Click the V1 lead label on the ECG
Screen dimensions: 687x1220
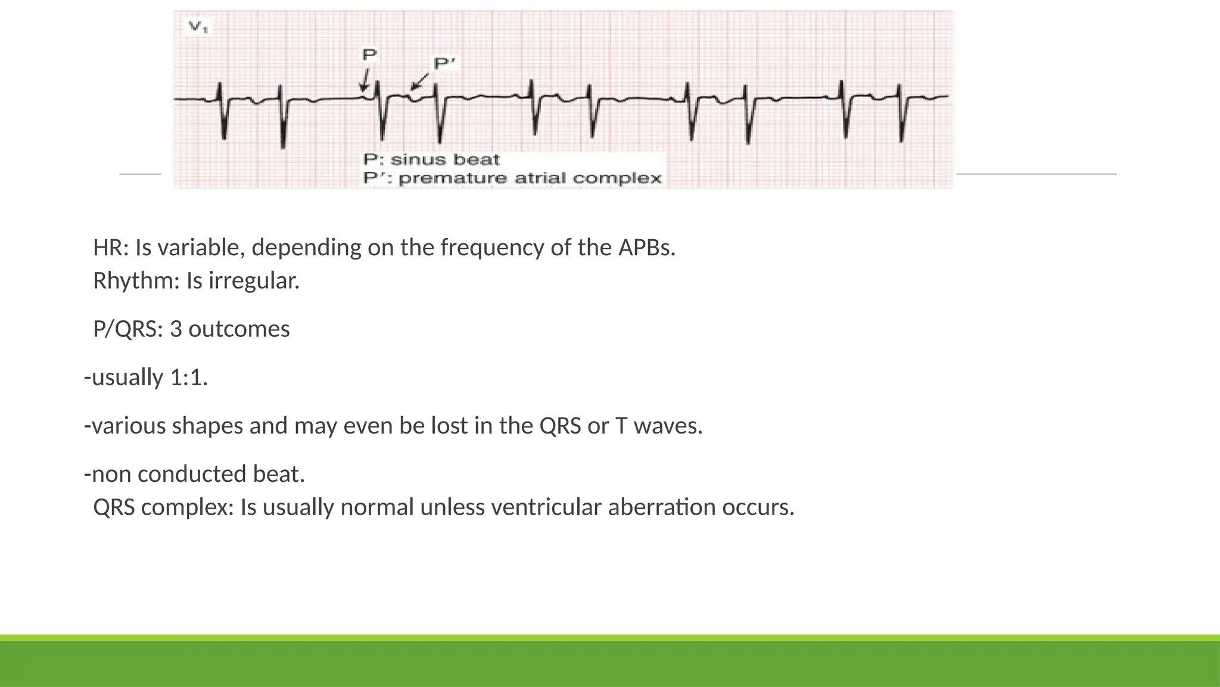[198, 27]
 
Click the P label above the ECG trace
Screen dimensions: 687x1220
[370, 55]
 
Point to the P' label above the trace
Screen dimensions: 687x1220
[444, 63]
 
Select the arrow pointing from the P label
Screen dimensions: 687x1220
[365, 79]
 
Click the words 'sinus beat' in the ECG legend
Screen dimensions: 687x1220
[444, 160]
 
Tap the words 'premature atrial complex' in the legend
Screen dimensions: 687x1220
[530, 178]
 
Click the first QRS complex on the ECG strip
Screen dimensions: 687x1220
[222, 110]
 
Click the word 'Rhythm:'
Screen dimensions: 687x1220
[136, 281]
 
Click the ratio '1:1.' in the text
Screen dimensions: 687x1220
[189, 377]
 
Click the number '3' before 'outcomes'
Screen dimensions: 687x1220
[176, 329]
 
